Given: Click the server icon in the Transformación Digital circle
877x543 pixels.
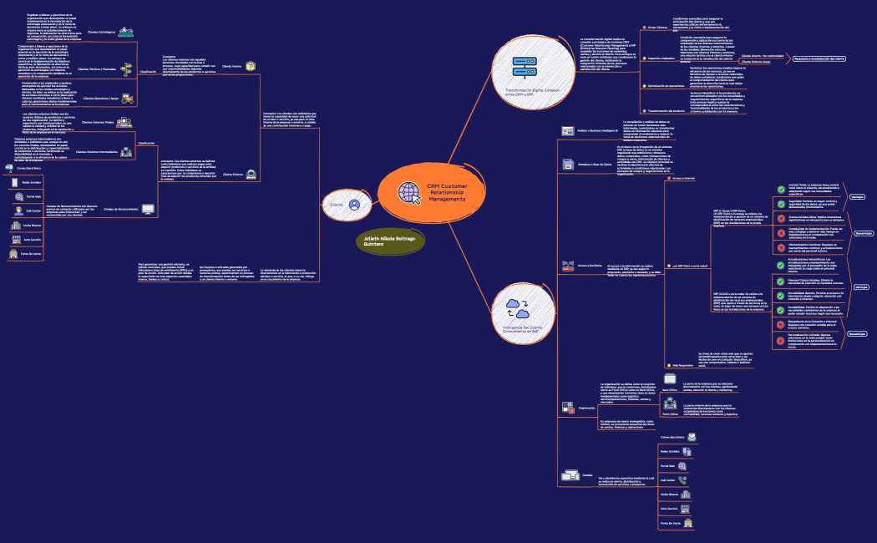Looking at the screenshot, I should pos(524,68).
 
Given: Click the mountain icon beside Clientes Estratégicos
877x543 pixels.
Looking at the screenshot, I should pos(126,33).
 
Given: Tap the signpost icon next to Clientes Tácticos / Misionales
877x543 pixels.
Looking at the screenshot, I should pos(126,69).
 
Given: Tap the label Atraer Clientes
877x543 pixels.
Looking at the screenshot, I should pos(657,28).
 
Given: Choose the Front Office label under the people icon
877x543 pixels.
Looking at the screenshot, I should pos(670,414).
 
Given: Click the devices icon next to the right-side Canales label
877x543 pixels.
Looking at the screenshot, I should pos(571,476).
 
